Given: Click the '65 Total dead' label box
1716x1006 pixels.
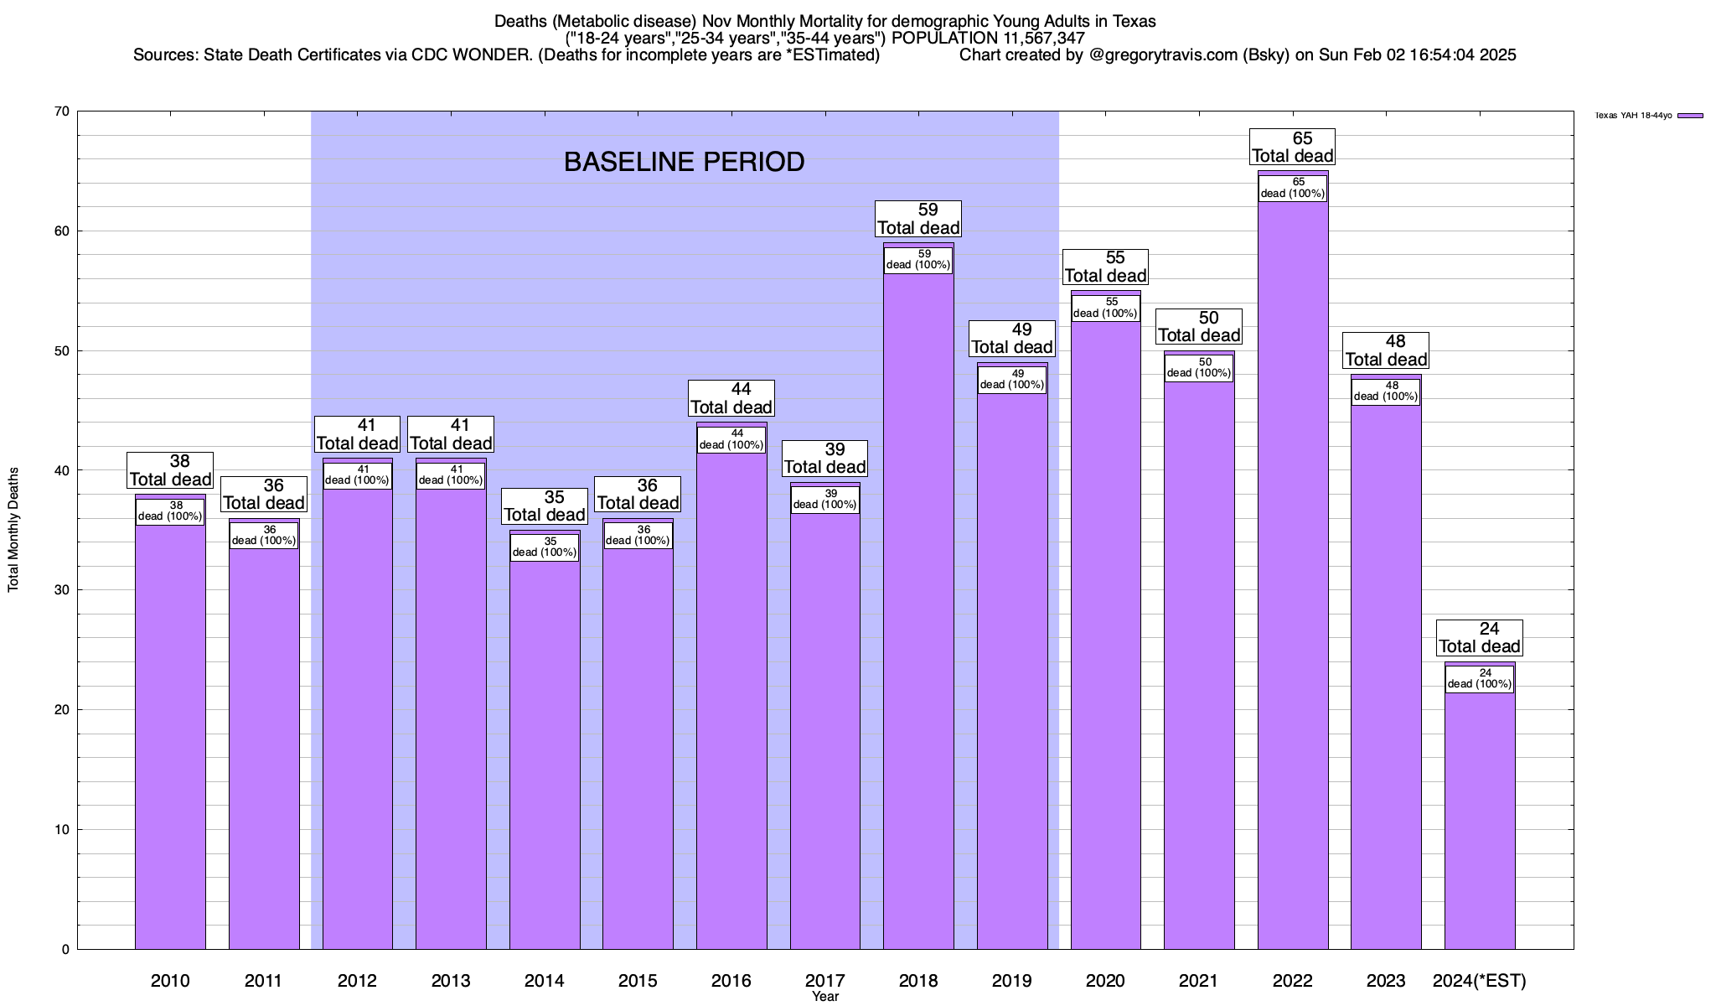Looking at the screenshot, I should point(1292,147).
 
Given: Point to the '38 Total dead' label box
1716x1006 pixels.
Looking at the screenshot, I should point(170,470).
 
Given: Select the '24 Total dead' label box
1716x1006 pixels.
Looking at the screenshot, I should point(1480,638).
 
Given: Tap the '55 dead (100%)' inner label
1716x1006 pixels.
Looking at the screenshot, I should point(1105,308).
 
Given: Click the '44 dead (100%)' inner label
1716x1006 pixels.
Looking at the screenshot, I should point(731,439).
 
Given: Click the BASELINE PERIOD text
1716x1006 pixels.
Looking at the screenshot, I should point(684,162).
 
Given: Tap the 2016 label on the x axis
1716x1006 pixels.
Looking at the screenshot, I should point(731,980).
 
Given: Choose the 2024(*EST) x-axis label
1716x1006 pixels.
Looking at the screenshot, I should point(1480,980).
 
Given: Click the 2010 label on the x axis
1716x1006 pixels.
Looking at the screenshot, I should point(170,980).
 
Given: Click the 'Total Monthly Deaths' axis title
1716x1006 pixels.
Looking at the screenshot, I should point(13,530).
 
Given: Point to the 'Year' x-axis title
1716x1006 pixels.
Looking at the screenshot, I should point(825,997).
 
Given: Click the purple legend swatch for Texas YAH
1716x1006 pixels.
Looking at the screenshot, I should point(1691,116).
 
